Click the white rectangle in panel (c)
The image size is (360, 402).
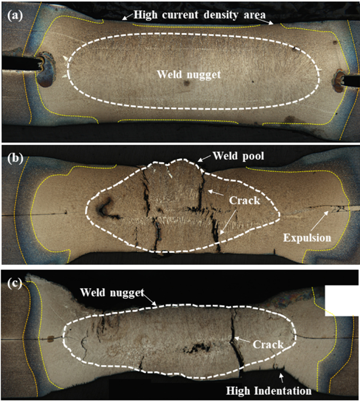click(342, 301)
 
